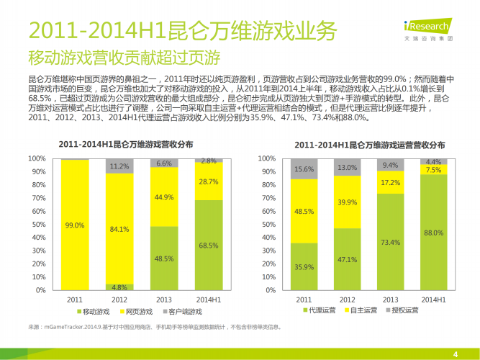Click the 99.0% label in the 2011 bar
coord(74,225)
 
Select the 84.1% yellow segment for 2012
coord(119,230)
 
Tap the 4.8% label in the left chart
coord(119,287)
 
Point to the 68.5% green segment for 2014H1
coord(209,246)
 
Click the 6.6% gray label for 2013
coord(164,163)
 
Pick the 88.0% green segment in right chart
coord(433,233)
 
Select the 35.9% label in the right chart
coord(304,267)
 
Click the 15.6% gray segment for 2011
coord(304,169)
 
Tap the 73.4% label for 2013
coord(390,242)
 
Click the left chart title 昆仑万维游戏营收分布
coord(126,144)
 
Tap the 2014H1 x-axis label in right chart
coord(433,300)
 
